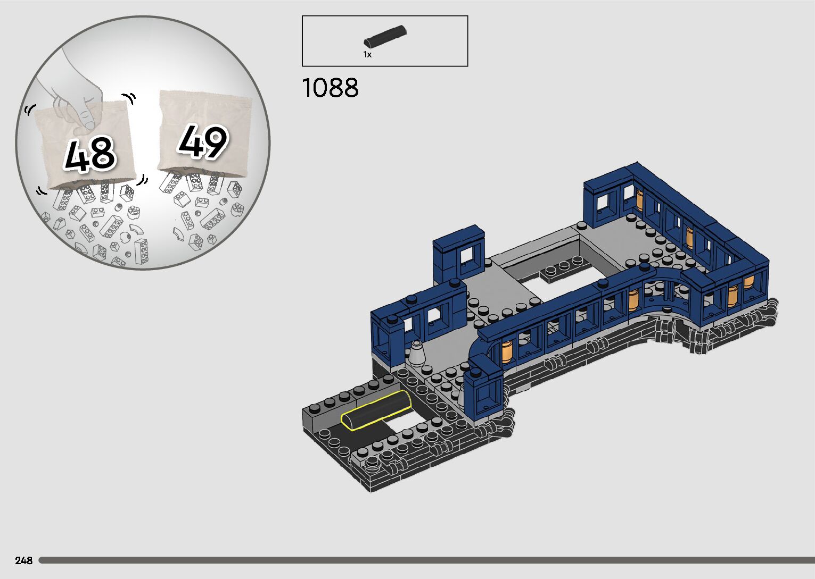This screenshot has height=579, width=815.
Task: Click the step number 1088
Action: click(330, 88)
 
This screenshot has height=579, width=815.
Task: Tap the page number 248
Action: click(24, 560)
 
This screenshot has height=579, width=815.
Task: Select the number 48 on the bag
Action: click(90, 154)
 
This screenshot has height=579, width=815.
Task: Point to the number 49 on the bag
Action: click(203, 141)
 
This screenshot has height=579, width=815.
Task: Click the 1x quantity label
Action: click(367, 55)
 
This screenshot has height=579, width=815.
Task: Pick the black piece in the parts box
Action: click(385, 36)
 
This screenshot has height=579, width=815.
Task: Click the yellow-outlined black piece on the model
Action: click(375, 410)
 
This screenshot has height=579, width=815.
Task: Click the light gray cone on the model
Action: click(417, 353)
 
